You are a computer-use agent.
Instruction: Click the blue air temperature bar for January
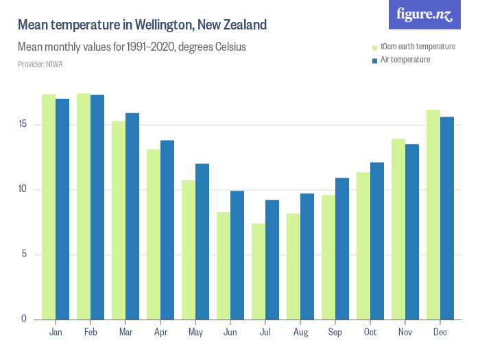click(62, 209)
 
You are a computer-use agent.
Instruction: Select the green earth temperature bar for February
click(84, 206)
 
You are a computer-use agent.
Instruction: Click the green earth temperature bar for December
click(433, 215)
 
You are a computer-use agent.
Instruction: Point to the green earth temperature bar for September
click(328, 257)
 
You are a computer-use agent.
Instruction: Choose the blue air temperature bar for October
click(377, 241)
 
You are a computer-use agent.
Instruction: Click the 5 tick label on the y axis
click(25, 254)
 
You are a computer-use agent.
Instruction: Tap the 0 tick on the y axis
click(25, 319)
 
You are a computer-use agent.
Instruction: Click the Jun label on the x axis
click(230, 332)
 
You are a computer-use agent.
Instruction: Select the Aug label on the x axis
click(300, 332)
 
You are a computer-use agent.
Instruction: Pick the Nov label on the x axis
click(405, 332)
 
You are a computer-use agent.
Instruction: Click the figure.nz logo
click(424, 14)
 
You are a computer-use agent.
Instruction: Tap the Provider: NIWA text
click(40, 64)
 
